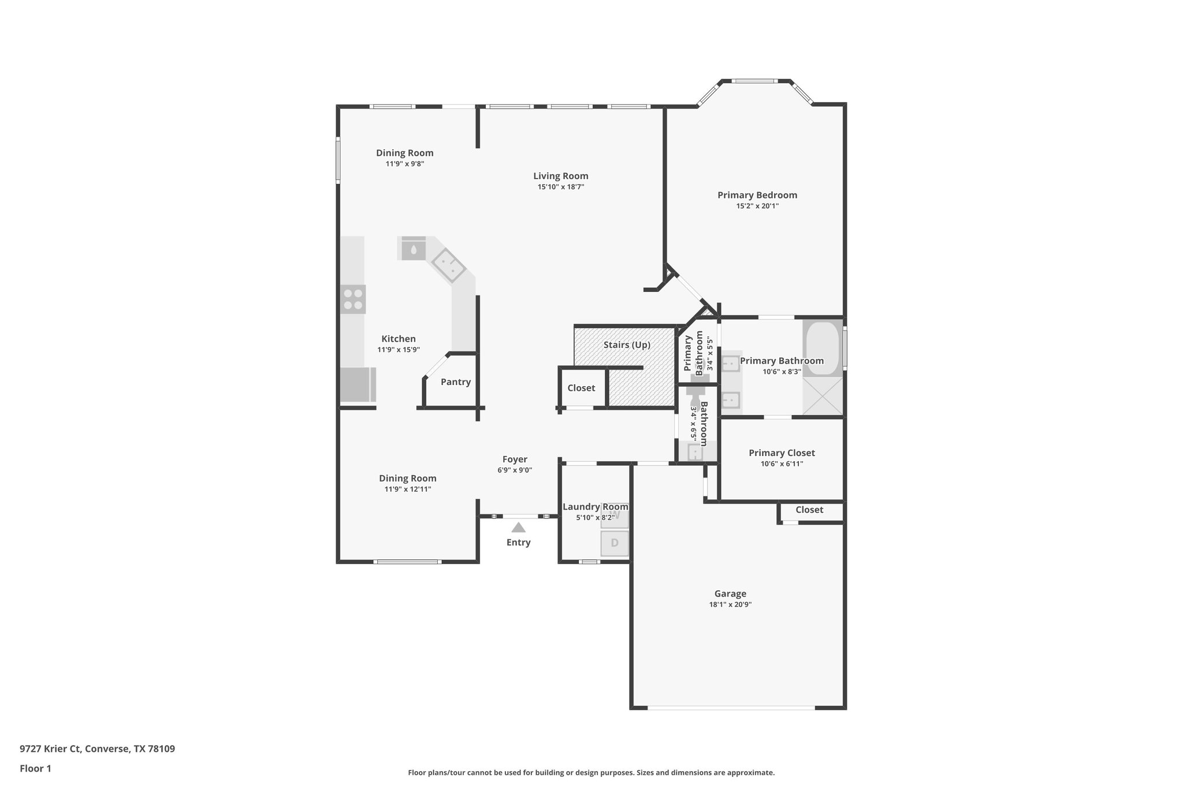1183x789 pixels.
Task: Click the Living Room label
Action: [560, 176]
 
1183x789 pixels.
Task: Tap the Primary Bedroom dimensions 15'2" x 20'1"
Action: [757, 206]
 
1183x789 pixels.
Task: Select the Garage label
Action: [730, 594]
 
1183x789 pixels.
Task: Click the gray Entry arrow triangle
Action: [518, 527]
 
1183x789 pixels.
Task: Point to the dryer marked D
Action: [615, 543]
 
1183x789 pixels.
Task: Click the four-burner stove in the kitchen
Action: [352, 299]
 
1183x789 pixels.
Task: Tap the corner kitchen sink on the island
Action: [448, 265]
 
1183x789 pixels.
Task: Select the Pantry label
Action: [455, 382]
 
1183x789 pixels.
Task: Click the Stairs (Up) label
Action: [627, 345]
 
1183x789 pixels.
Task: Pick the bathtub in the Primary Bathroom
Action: [822, 349]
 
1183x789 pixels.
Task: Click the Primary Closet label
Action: [782, 453]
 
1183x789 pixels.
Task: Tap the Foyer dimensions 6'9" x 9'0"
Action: [514, 471]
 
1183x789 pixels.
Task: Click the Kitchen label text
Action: [398, 339]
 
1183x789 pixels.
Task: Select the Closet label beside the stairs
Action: [581, 388]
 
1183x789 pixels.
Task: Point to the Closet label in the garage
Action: [809, 510]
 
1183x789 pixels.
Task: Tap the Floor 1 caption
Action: [35, 768]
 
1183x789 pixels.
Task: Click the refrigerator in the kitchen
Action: [356, 384]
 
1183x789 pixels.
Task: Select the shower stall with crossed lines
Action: [823, 397]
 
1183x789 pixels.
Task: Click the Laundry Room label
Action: [595, 507]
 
